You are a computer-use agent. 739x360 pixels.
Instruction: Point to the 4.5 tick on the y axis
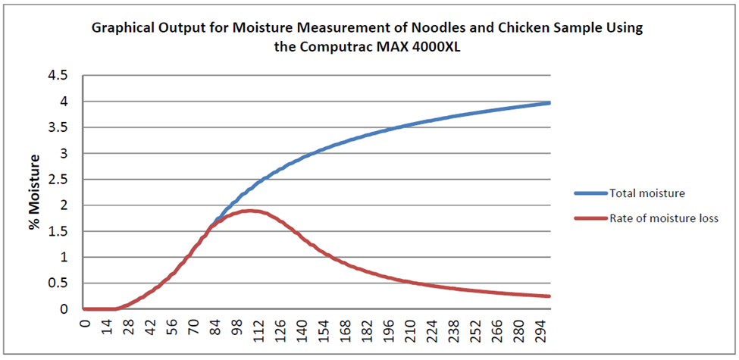coord(58,75)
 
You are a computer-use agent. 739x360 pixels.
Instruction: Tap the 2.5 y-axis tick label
coord(58,179)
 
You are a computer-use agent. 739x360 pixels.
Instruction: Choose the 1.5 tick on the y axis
coord(58,231)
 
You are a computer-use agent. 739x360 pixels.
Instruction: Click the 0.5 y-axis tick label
coord(58,283)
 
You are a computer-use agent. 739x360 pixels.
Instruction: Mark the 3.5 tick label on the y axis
coord(58,127)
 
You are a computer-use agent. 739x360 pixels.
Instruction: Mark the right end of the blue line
coord(549,102)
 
